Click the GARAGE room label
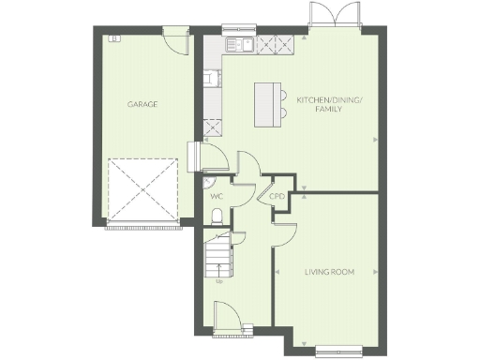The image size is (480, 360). click(x=142, y=104)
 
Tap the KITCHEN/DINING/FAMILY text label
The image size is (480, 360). click(x=319, y=104)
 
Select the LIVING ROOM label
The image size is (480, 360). click(x=328, y=273)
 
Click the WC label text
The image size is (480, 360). click(x=216, y=197)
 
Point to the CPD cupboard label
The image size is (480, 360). click(x=277, y=197)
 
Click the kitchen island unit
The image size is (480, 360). click(x=270, y=101)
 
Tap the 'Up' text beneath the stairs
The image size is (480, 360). click(x=218, y=280)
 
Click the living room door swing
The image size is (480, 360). click(x=285, y=236)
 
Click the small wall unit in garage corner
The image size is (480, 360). click(x=114, y=37)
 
